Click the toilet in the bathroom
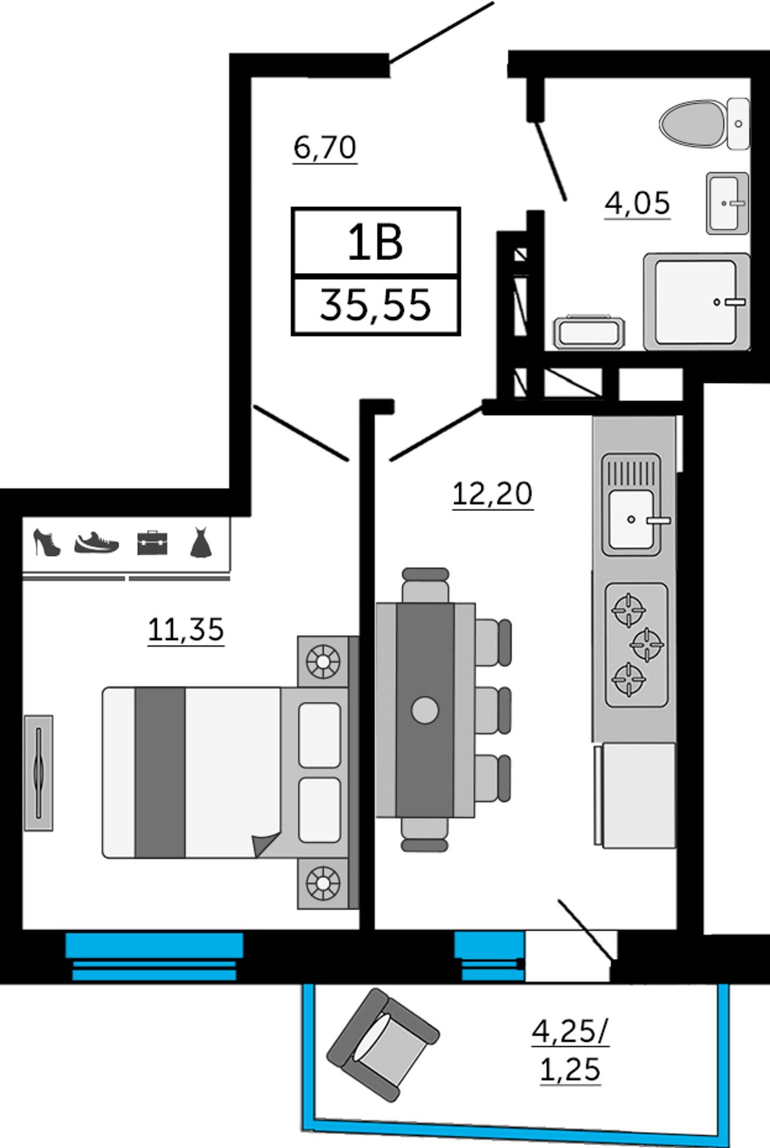tap(704, 123)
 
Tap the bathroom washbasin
tap(728, 203)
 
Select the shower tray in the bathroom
tap(697, 301)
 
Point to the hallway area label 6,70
tap(325, 147)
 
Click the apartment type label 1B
tap(375, 242)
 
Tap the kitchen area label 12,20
tap(492, 495)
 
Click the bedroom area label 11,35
tap(186, 630)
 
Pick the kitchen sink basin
tap(631, 519)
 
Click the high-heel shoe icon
tap(47, 543)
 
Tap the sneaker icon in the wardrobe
tap(97, 543)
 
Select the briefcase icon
tap(152, 543)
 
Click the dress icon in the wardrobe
tap(201, 543)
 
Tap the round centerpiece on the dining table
tap(425, 710)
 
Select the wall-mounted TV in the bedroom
tap(38, 773)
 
